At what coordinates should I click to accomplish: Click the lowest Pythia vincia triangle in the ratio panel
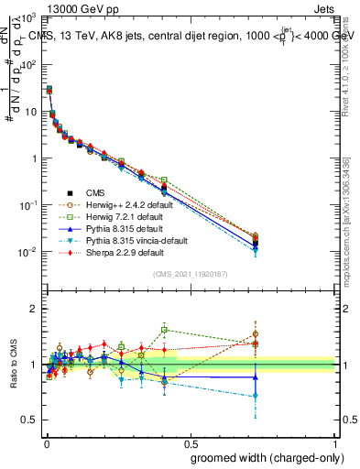pos(256,397)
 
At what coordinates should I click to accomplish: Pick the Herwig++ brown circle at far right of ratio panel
pos(256,334)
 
